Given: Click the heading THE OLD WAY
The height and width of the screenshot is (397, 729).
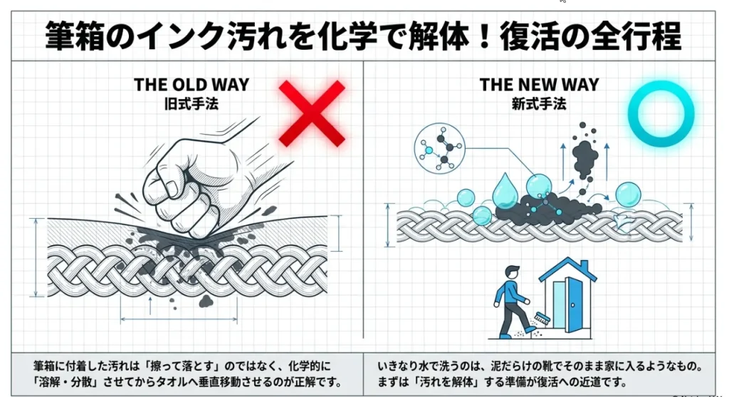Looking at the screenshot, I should pos(192,85).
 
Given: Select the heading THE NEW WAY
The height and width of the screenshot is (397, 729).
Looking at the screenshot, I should pos(539,85).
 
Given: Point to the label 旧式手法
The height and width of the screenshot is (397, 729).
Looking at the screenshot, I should pos(192,103).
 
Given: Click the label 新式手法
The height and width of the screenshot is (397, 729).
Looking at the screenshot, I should pos(539,103).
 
